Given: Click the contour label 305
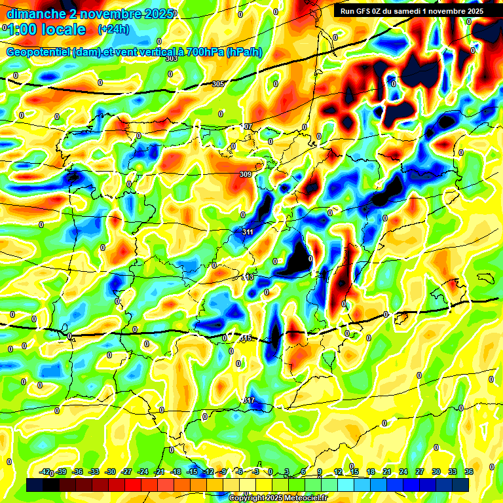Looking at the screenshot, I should (x=218, y=84).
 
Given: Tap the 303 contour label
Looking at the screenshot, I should (x=172, y=58).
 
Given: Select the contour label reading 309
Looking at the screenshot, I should (x=246, y=174).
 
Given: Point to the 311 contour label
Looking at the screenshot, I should (x=248, y=232).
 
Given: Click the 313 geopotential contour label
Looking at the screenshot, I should (x=248, y=277).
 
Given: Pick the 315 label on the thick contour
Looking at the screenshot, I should (x=246, y=338).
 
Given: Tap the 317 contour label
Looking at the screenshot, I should (x=249, y=400).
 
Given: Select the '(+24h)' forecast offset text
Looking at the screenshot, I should (x=113, y=29).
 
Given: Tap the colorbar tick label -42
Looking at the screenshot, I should (x=45, y=472).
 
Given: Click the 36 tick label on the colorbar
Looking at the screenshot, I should (x=468, y=472).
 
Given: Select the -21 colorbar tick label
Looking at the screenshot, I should (x=159, y=472).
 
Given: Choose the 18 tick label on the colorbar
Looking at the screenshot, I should (x=370, y=472).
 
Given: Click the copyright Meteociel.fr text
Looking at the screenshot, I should (x=277, y=498).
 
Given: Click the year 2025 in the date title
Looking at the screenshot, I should (x=158, y=13).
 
